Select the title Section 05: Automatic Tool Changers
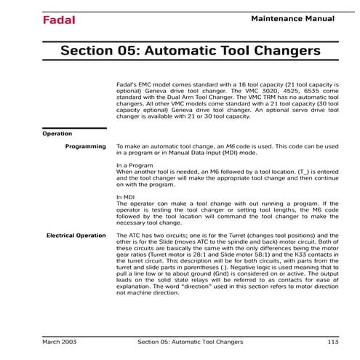(x=190, y=51)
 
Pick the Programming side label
(x=85, y=147)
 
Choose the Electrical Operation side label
(x=76, y=236)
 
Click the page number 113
(x=333, y=340)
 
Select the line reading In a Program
(x=137, y=165)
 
